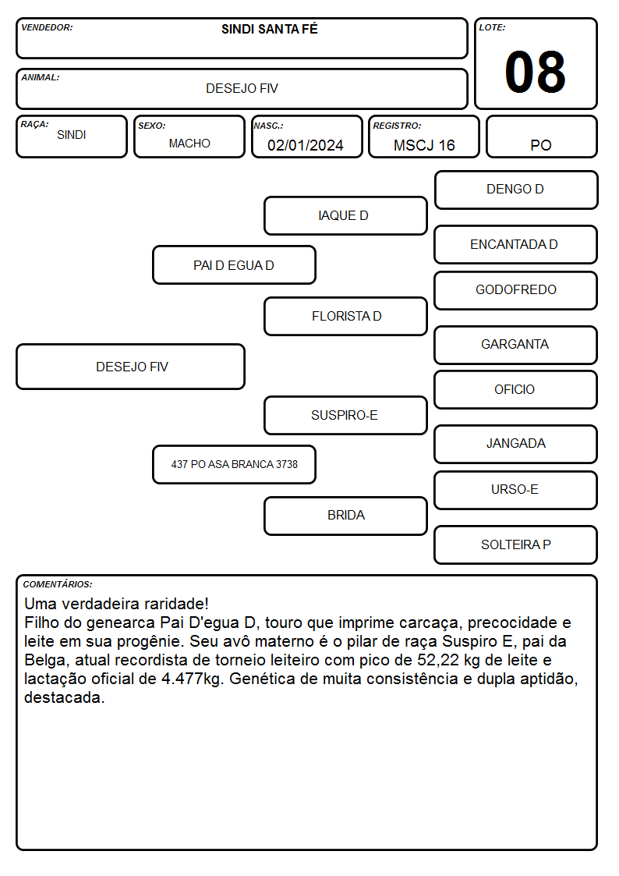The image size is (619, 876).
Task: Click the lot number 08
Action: point(535,72)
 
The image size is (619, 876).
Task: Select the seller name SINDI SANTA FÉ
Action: point(270,29)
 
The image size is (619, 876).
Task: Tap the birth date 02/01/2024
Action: point(306,145)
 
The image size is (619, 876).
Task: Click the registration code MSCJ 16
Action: point(424,145)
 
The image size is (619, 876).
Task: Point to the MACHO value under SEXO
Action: point(189,144)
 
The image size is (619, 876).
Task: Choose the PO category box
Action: point(541,137)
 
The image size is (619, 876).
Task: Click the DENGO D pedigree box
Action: point(516,190)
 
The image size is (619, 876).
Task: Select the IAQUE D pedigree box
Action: point(345,215)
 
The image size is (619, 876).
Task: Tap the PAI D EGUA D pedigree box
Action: point(234,265)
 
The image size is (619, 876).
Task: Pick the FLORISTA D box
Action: point(345,316)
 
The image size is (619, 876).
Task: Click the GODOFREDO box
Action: point(516,290)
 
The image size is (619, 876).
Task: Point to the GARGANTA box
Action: point(516,345)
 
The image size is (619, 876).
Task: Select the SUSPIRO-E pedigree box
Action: point(345,415)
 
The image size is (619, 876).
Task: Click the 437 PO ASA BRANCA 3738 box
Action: point(234,464)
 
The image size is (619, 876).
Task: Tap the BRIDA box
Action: point(345,516)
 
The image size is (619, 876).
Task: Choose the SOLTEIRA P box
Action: point(516,544)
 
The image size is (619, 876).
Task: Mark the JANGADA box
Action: point(516,444)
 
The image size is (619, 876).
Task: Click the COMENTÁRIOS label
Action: point(58,584)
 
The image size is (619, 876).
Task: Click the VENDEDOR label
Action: point(47,27)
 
